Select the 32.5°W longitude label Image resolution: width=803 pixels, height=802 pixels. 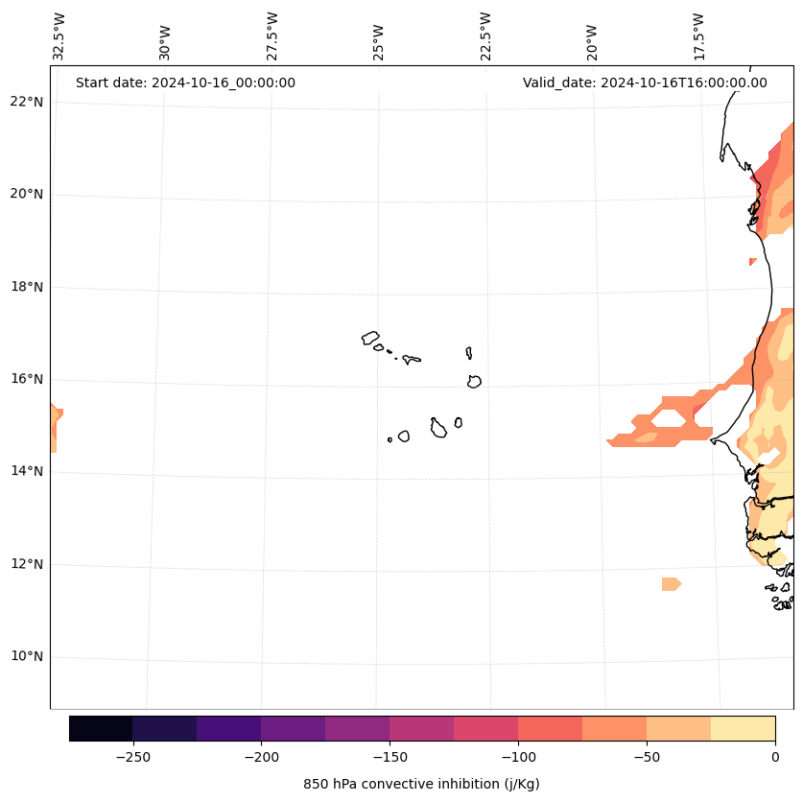coord(59,36)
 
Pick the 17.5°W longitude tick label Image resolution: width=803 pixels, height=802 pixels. coord(699,36)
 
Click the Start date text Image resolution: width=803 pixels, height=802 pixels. coord(185,83)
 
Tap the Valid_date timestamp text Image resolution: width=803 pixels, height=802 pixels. coord(645,83)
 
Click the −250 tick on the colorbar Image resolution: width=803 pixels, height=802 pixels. coord(132,756)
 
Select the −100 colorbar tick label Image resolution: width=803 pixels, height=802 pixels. coord(518,756)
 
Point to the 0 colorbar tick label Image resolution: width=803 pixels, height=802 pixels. coord(775,756)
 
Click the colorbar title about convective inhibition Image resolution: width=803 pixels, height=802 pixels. coord(421,784)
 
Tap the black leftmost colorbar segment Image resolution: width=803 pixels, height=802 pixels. coord(101,728)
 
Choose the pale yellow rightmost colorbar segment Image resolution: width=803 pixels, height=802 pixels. coord(743,728)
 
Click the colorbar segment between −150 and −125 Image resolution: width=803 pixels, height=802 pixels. coord(421,728)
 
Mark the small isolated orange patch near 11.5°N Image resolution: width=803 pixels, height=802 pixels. coord(671,583)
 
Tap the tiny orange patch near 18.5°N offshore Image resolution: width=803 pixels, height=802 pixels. coord(752,261)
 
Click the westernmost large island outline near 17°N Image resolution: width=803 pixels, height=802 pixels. coord(370,338)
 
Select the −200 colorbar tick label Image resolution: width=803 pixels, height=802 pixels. coord(261,756)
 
